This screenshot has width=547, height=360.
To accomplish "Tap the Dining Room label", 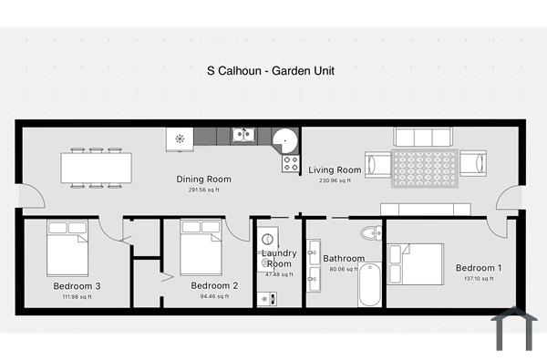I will (x=203, y=179).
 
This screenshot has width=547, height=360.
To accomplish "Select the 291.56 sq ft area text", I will (x=203, y=190).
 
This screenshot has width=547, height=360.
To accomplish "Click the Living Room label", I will (x=335, y=170).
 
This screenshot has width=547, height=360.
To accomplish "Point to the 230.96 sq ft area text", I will (x=335, y=180).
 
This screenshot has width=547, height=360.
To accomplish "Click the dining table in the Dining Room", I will (x=96, y=168).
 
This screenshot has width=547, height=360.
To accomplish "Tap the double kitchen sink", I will (x=243, y=136).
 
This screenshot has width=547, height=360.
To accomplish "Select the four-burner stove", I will (x=291, y=164).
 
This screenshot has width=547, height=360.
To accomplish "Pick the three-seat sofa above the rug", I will (x=422, y=137).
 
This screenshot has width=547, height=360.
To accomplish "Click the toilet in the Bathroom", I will (x=370, y=233).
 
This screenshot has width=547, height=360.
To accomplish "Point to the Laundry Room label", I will (x=277, y=258).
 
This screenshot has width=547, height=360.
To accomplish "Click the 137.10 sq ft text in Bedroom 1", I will (x=479, y=279).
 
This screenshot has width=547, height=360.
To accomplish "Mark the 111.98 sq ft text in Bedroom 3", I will (x=77, y=297).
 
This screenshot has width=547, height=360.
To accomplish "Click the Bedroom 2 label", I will (x=214, y=285).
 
